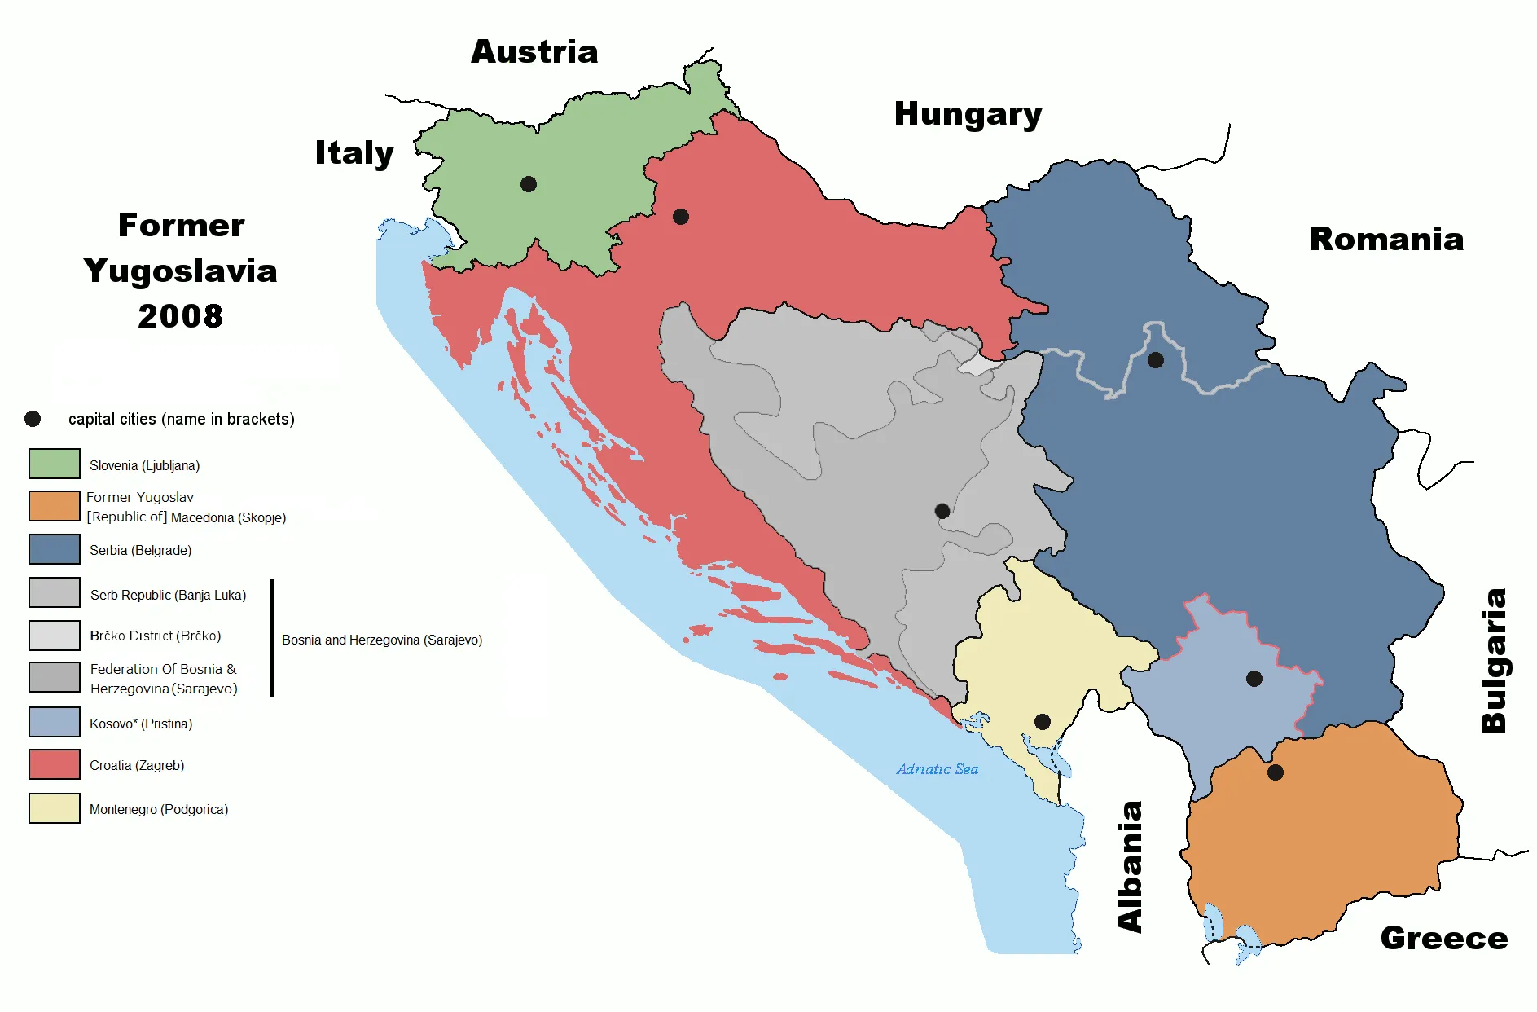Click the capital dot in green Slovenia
(529, 184)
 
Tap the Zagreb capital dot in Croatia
(681, 217)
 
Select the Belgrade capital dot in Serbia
(1155, 359)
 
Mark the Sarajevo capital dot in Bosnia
(942, 511)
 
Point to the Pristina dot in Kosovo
(1254, 679)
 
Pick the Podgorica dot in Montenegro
(1042, 722)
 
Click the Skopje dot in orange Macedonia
(1276, 772)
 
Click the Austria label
(534, 52)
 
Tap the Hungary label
(968, 114)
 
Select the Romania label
(1386, 240)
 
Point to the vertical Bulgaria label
(1494, 660)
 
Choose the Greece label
(1443, 939)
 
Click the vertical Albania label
(1130, 866)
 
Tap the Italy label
(354, 153)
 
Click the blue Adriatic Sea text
(937, 769)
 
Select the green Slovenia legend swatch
(55, 464)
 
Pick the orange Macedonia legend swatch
(55, 506)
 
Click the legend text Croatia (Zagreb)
(137, 766)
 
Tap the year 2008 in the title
(180, 316)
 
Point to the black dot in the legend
(33, 419)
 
